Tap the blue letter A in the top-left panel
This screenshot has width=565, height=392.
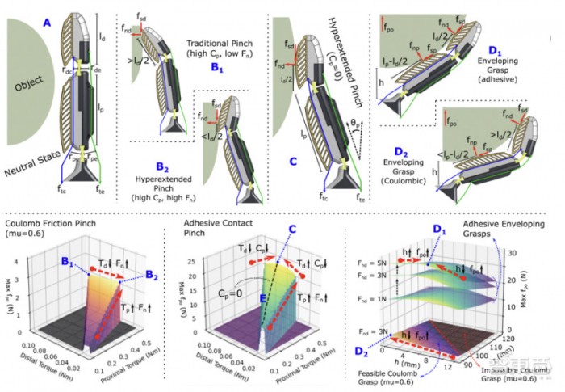pos(47,24)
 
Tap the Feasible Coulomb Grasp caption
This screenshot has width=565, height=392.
pos(408,377)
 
